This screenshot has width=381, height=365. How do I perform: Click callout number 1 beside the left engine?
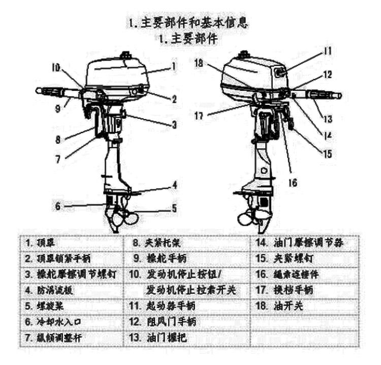coord(173,65)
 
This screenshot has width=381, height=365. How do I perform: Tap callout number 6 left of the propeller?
coord(57,206)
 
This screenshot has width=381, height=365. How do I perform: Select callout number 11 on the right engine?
coord(328,51)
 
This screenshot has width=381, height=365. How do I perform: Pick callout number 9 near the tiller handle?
coord(58,107)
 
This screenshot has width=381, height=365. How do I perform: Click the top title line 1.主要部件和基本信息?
coord(189,23)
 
